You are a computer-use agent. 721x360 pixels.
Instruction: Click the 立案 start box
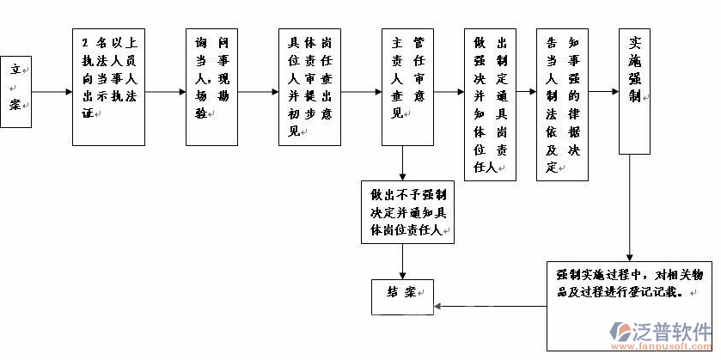(x=16, y=91)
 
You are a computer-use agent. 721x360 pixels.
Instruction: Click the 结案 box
(x=403, y=293)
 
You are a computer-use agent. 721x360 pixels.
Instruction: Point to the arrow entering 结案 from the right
(x=490, y=306)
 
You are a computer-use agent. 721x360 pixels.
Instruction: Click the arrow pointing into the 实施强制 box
(x=604, y=91)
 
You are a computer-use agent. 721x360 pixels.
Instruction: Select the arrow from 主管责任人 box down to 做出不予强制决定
(x=403, y=163)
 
